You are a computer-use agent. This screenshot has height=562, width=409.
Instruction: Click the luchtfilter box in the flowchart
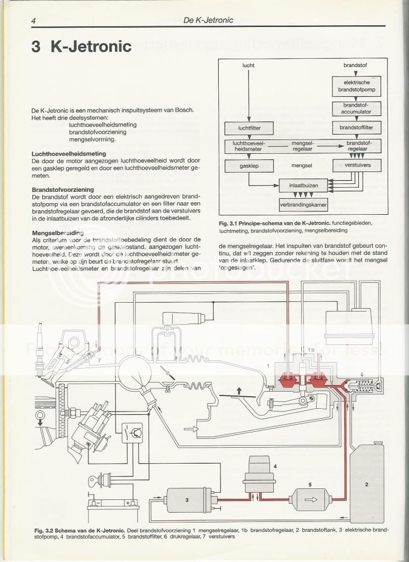(x=248, y=129)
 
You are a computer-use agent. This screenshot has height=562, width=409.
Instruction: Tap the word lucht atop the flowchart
(x=248, y=66)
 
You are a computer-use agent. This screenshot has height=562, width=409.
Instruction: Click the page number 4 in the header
(x=34, y=21)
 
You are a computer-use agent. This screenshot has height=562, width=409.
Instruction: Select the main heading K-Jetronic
(x=82, y=46)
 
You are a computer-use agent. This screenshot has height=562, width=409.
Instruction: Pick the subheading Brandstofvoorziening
(x=64, y=189)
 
